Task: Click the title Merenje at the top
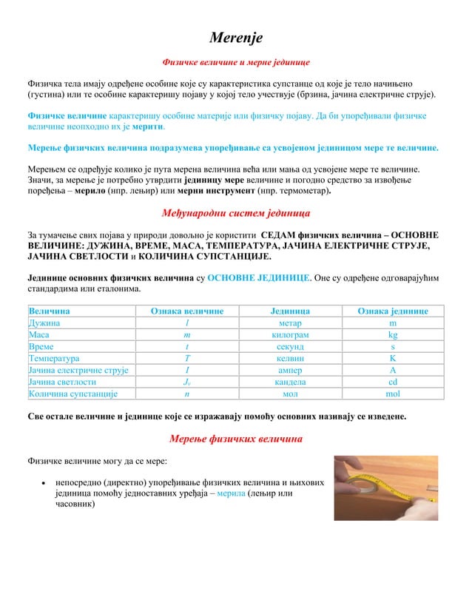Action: pos(236,38)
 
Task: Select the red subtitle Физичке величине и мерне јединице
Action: pos(236,63)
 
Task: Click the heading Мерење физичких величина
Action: pos(236,439)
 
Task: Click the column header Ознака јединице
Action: pos(393,311)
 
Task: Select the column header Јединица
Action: pos(285,311)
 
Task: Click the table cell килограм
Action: pos(285,335)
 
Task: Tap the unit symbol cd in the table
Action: pos(393,382)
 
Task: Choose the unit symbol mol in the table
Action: pos(393,394)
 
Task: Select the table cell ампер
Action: pos(285,371)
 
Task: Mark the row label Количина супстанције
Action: pos(73,394)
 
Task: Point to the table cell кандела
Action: pos(285,382)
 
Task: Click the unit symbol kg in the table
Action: pos(393,335)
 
